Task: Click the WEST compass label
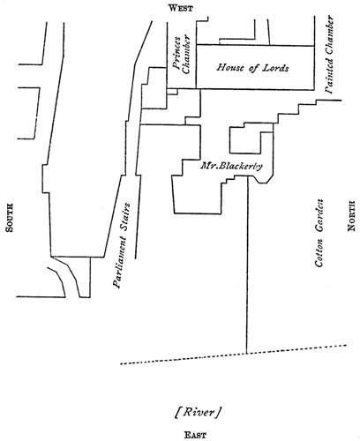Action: pos(181,8)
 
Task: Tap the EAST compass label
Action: pos(195,435)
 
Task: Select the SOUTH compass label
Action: pos(10,218)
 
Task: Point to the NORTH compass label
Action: pos(351,216)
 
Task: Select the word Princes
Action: pos(176,53)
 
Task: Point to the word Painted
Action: pos(330,76)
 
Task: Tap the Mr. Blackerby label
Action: pos(231,166)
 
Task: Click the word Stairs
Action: pos(124,217)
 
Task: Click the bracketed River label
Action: pos(199,412)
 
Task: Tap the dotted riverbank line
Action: pos(234,355)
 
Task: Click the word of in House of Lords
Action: pos(253,68)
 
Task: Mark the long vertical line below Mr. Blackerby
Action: pos(247,265)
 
